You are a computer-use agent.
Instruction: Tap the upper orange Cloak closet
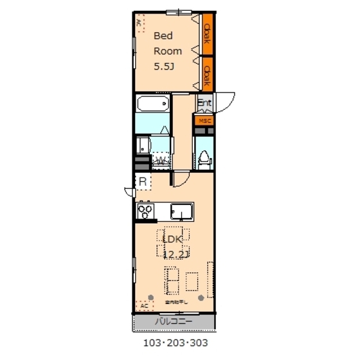point(207,33)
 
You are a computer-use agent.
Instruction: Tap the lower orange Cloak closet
point(207,73)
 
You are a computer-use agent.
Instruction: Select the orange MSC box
point(204,120)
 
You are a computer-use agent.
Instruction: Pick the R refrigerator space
point(143,182)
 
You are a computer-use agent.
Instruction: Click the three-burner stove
point(145,210)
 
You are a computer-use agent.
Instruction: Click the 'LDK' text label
point(173,239)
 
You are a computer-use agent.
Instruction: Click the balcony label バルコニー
point(174,321)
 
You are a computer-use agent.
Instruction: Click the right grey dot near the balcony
point(202,297)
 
